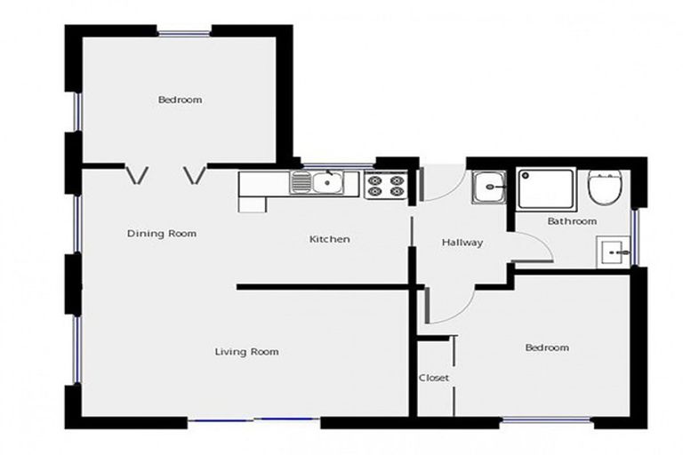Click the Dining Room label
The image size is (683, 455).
pos(161,234)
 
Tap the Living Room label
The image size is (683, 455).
pos(246,352)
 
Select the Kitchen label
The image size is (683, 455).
pos(329,239)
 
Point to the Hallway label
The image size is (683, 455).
pos(462,243)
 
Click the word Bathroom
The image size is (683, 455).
pos(572,221)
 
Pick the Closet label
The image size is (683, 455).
pos(434,379)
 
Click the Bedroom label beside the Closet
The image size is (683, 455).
pos(546,347)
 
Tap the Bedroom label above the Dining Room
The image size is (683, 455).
pos(180,100)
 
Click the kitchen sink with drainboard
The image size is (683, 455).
pos(317,184)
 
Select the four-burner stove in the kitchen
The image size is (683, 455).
pos(385,186)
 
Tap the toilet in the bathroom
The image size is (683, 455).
pos(604,188)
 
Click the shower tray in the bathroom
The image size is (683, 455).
pos(546,188)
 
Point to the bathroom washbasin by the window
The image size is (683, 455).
pos(612,252)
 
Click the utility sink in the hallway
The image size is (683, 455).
pos(488,188)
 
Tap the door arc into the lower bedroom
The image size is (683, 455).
pos(449,307)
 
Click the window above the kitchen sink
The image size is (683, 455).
pos(338,165)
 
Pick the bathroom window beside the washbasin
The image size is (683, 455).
pos(635,237)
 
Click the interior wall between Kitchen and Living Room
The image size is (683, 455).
pos(325,287)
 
